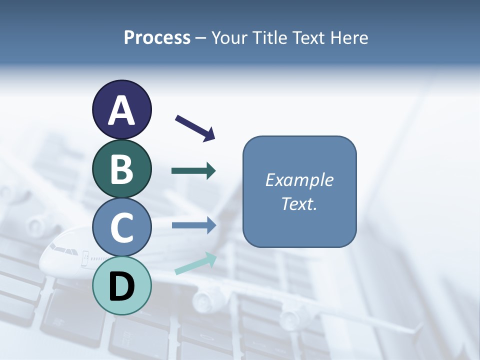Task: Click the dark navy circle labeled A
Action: pyautogui.click(x=121, y=109)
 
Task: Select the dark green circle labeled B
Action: pyautogui.click(x=121, y=168)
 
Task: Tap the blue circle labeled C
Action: pyautogui.click(x=121, y=227)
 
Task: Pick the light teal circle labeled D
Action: pyautogui.click(x=121, y=285)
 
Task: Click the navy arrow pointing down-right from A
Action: pyautogui.click(x=195, y=128)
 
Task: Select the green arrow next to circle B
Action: pyautogui.click(x=193, y=171)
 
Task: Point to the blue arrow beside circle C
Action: pyautogui.click(x=193, y=225)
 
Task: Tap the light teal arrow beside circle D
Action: pyautogui.click(x=195, y=263)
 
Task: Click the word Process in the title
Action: pyautogui.click(x=157, y=38)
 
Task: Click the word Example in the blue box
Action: pyautogui.click(x=299, y=180)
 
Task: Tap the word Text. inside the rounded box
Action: pyautogui.click(x=299, y=204)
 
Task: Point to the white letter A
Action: pyautogui.click(x=121, y=110)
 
